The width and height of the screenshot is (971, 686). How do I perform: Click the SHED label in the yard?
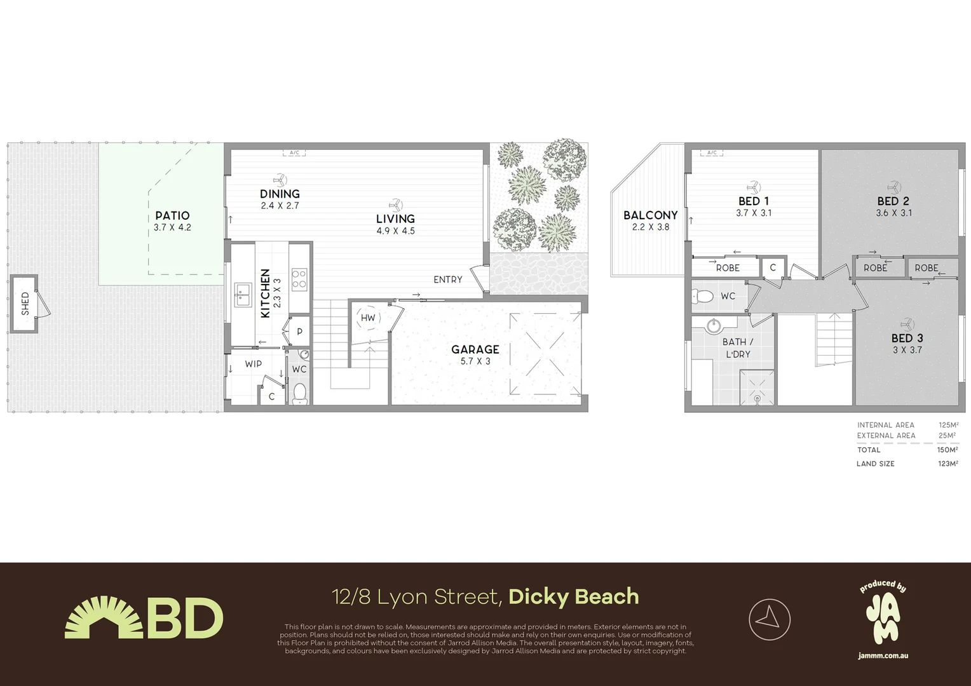[x=25, y=304]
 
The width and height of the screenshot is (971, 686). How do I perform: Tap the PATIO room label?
[x=172, y=216]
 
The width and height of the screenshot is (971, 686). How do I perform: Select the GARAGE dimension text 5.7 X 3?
[x=475, y=361]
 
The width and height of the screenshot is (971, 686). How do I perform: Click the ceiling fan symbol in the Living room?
[x=395, y=205]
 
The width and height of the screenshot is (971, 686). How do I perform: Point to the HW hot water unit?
[x=368, y=318]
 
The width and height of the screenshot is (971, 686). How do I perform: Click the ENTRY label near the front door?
[x=448, y=279]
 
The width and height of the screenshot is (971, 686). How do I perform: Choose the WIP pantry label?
[x=253, y=364]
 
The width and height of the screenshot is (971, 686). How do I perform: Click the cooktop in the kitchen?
[x=299, y=279]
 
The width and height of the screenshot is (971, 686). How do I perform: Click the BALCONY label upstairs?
[x=650, y=215]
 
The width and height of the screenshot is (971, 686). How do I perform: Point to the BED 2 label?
[x=893, y=201]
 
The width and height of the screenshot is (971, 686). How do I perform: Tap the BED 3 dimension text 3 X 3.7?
[x=907, y=350]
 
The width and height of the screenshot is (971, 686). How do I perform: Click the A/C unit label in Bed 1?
[x=712, y=153]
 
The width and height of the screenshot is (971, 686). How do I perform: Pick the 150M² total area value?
[x=947, y=450]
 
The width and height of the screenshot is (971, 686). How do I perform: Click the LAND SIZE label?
[x=875, y=464]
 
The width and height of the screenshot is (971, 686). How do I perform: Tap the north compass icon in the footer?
[x=770, y=619]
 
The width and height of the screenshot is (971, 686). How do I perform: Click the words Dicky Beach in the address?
[x=573, y=596]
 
